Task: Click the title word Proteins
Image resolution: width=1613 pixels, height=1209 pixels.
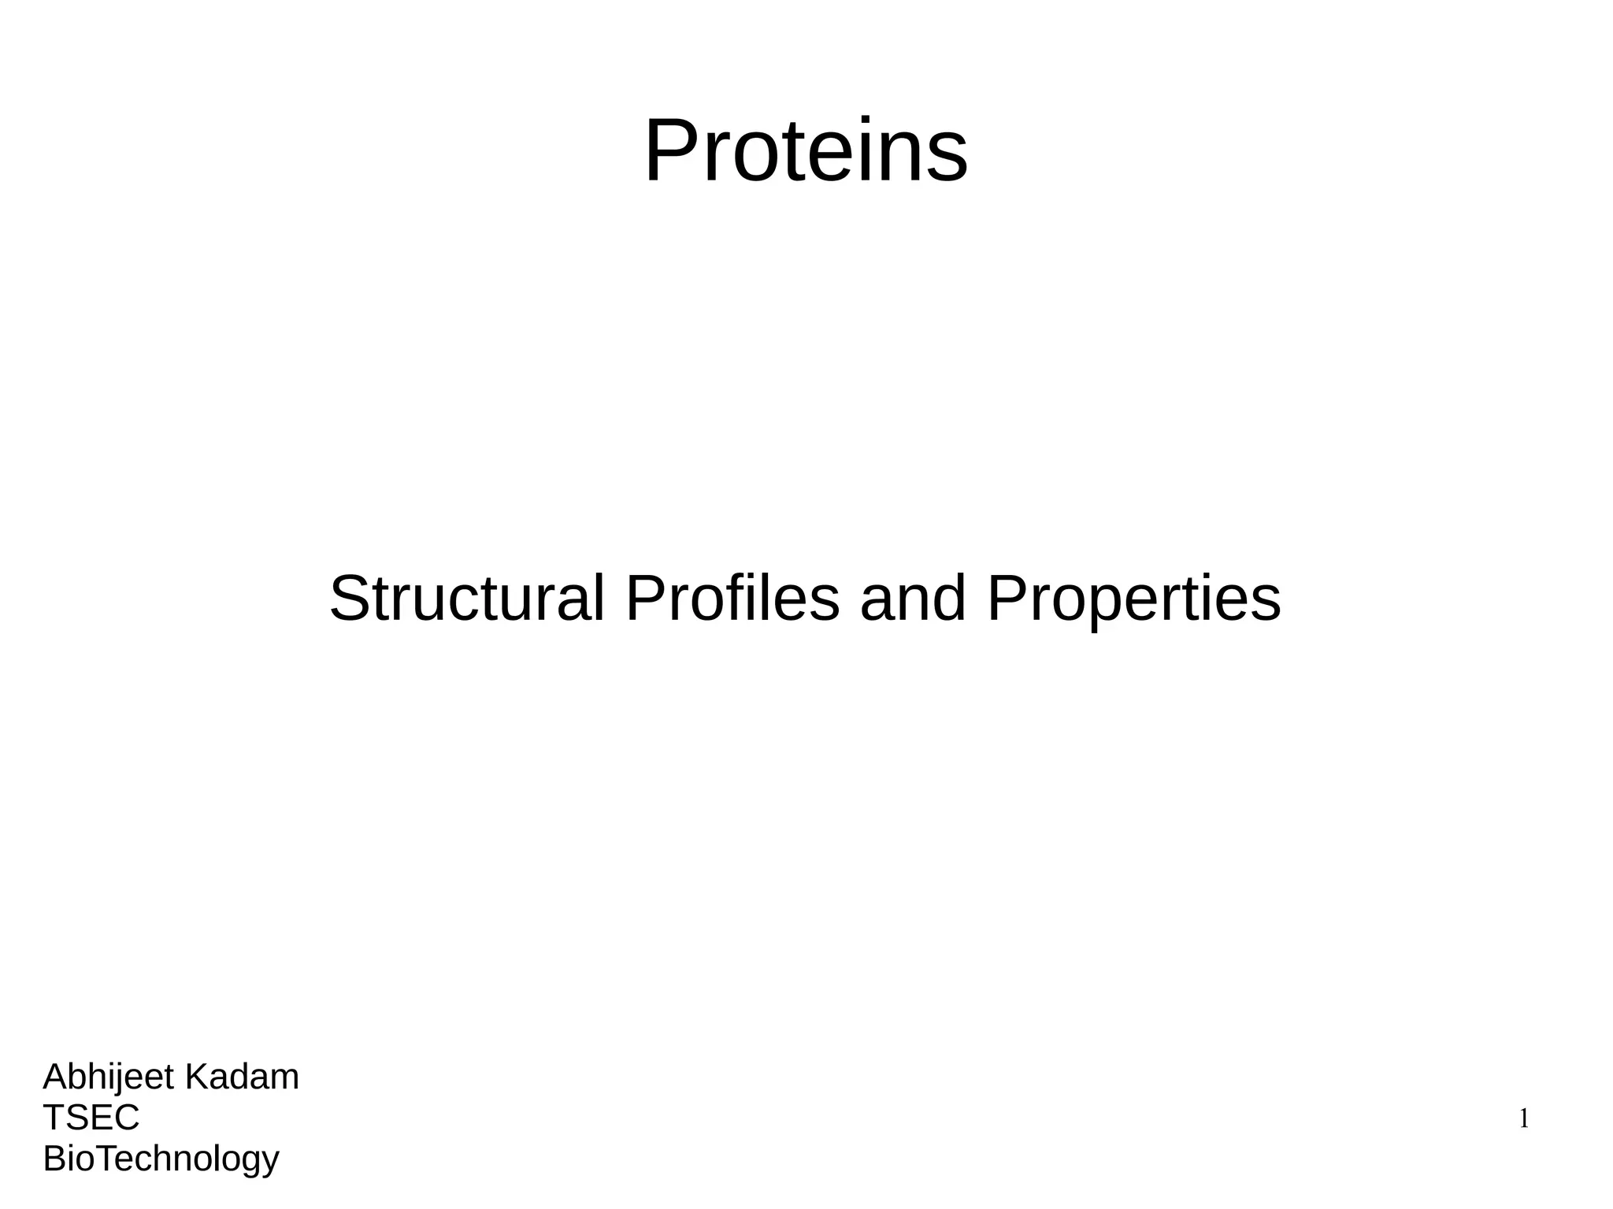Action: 806,150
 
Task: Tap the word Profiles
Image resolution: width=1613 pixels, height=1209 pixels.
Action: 732,599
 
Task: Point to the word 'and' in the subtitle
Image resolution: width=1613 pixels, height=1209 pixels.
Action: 913,599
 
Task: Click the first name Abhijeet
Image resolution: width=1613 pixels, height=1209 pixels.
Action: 109,1077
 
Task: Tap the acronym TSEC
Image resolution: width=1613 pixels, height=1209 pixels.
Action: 91,1117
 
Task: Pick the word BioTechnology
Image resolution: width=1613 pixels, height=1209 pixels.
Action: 161,1159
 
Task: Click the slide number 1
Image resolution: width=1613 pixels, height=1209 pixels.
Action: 1524,1118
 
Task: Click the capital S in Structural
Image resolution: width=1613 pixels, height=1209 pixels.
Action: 349,599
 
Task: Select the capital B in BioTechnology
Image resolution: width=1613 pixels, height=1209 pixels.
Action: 54,1158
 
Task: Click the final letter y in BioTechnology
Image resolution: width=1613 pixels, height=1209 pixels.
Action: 271,1163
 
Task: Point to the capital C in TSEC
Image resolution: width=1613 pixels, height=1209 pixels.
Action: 126,1117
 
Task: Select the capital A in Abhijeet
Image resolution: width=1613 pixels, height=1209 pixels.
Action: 54,1077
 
